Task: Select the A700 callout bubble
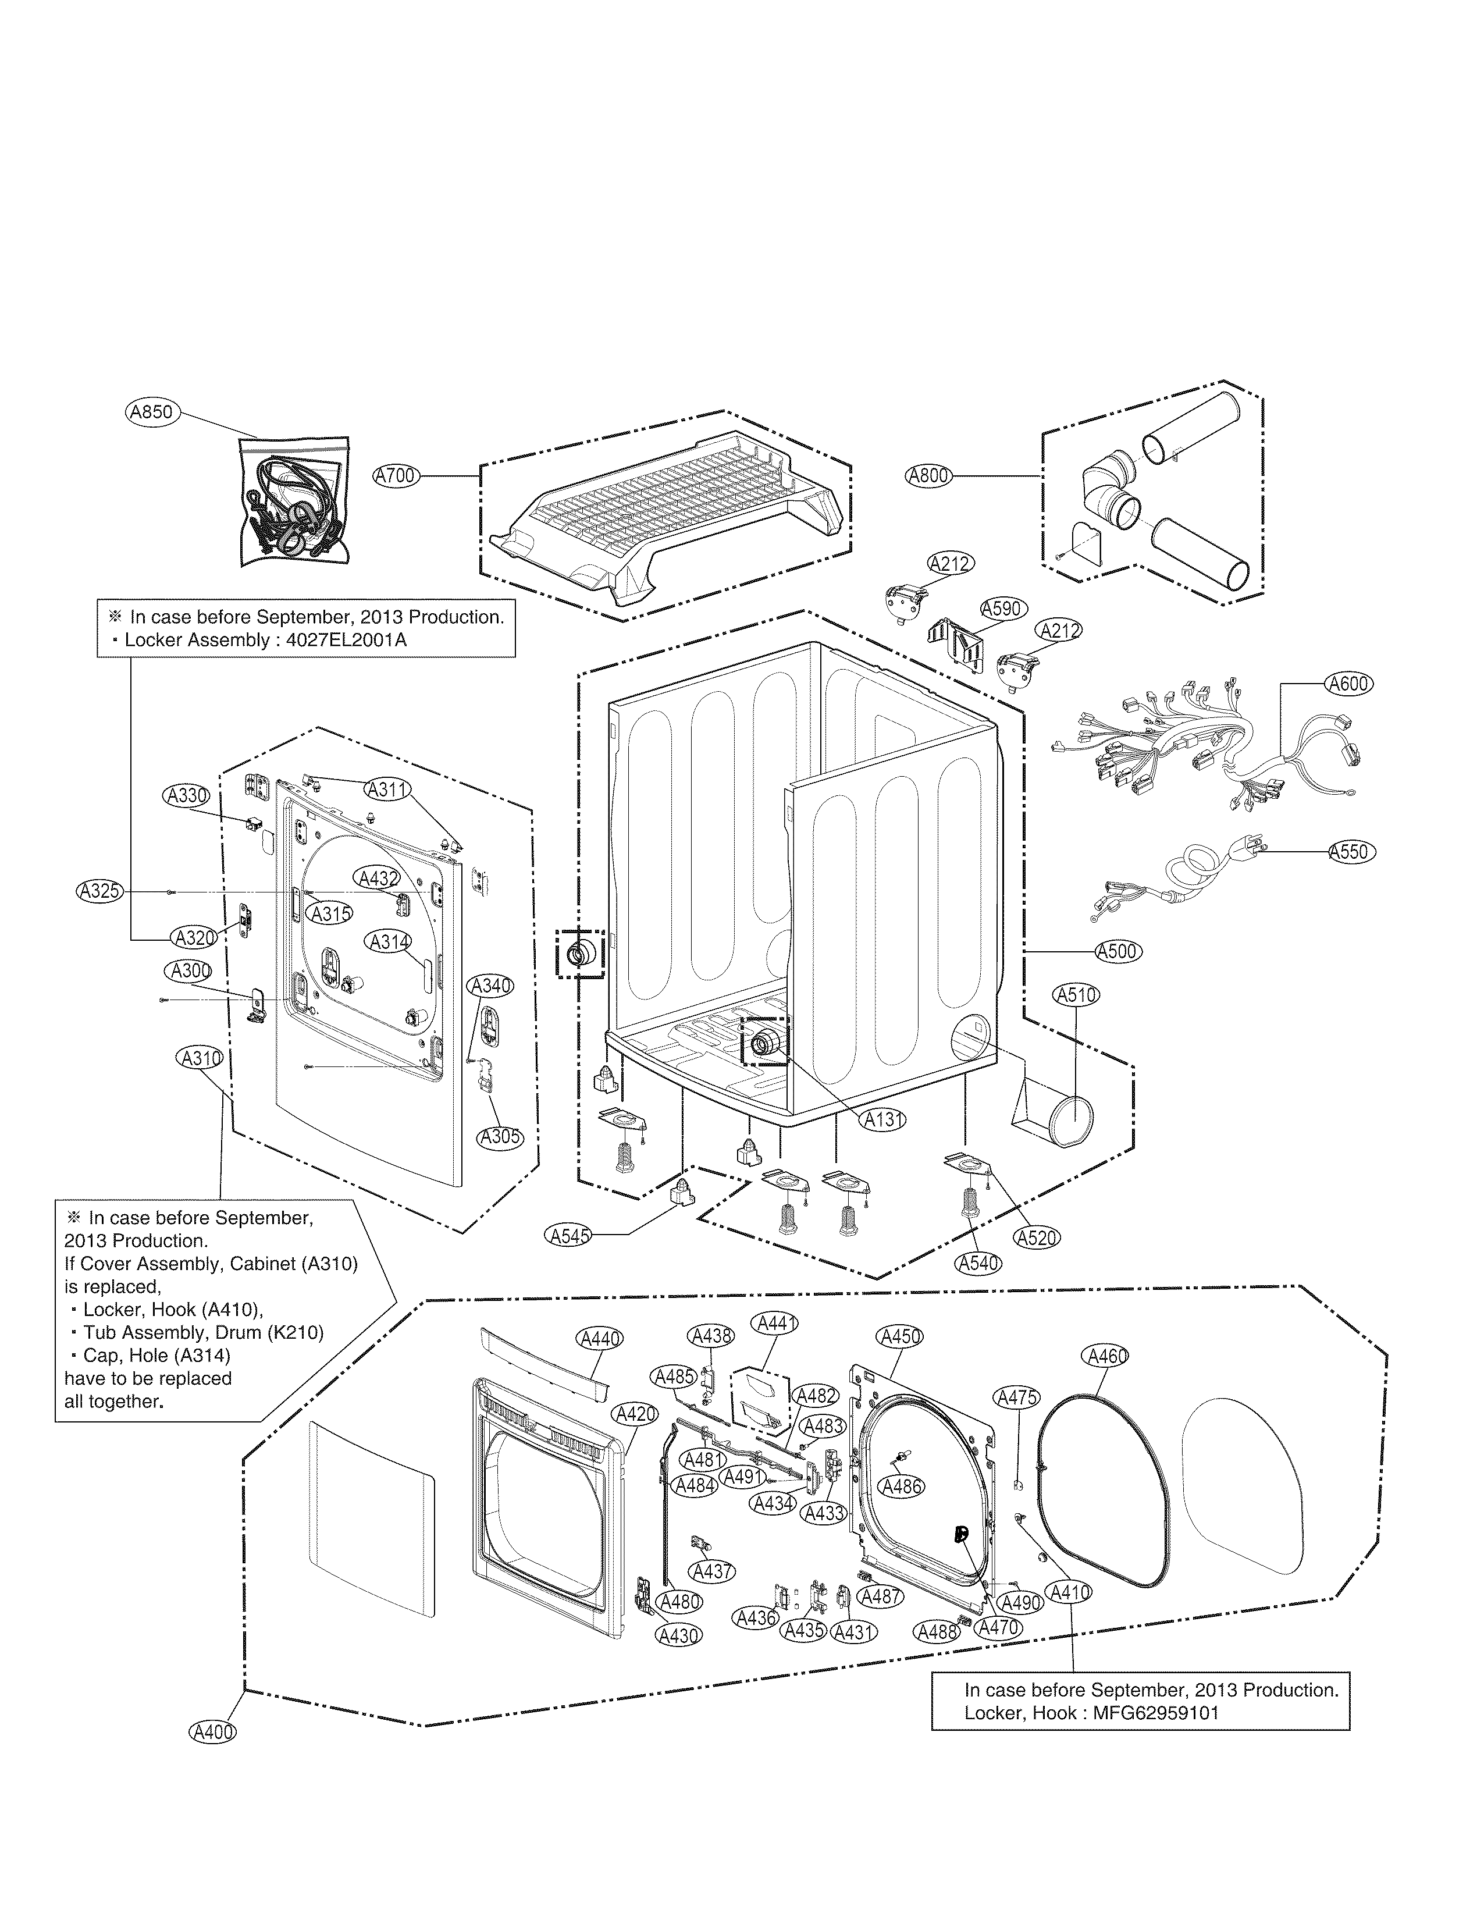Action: pyautogui.click(x=396, y=476)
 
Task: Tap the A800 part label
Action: pyautogui.click(x=928, y=476)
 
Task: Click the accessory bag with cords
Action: pyautogui.click(x=294, y=502)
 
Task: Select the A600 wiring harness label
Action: pyautogui.click(x=1348, y=683)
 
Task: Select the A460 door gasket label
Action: pyautogui.click(x=1107, y=1356)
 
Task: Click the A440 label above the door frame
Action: pyautogui.click(x=600, y=1338)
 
